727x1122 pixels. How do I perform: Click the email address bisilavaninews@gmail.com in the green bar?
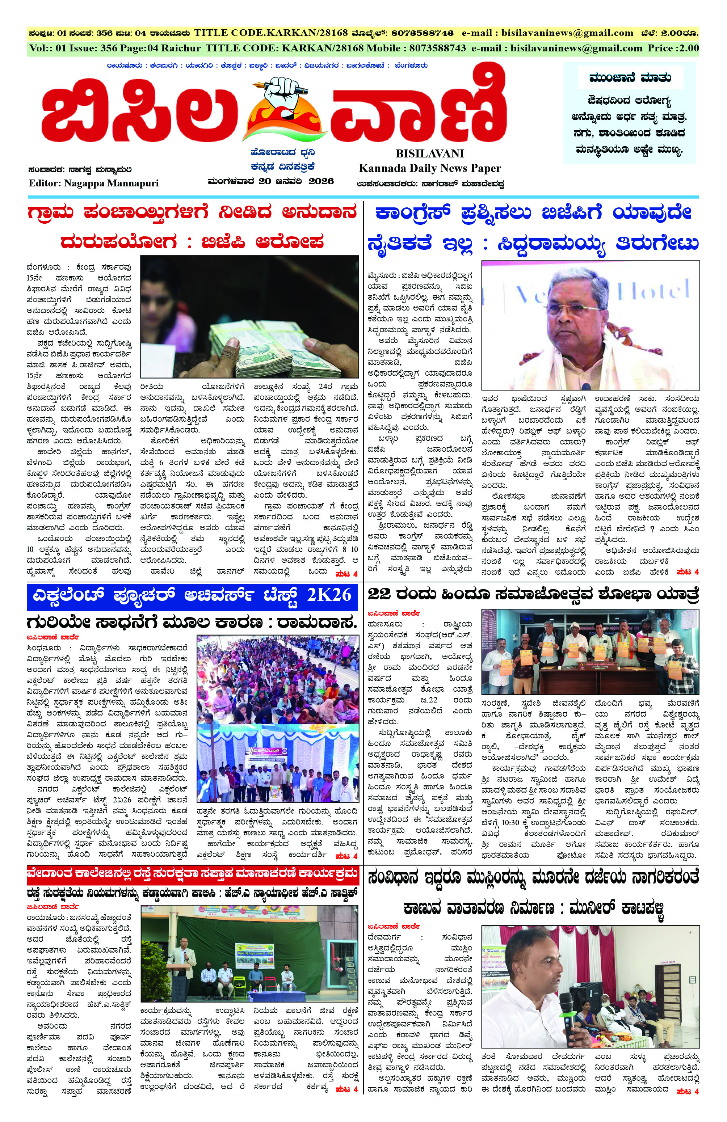[576, 48]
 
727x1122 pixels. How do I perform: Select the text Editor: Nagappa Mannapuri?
[94, 183]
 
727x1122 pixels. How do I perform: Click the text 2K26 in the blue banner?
[329, 595]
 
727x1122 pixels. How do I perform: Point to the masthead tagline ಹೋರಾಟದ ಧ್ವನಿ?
[283, 153]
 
